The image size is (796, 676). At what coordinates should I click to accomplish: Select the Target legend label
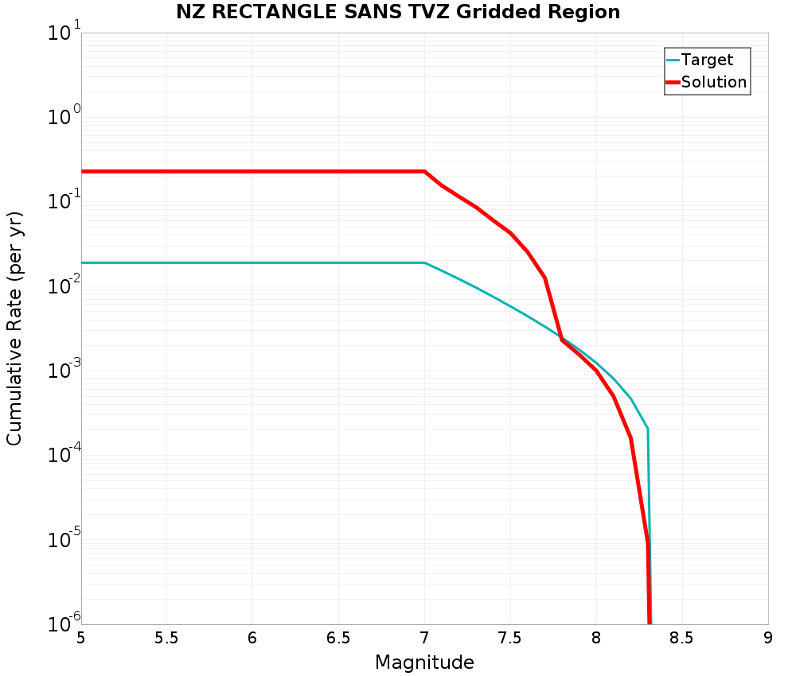point(707,60)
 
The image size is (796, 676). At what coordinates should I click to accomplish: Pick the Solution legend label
point(714,82)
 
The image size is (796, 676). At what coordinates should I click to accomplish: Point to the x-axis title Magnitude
point(424,662)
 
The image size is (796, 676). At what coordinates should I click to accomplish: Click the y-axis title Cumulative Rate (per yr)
point(14,328)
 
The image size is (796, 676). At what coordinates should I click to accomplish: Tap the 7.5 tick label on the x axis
point(510,639)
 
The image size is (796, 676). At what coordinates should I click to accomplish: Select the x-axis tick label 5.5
point(166,639)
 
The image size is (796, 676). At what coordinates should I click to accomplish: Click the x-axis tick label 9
point(768,639)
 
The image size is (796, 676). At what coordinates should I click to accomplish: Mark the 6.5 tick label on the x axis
point(338,639)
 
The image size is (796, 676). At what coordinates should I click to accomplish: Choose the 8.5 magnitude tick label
point(682,639)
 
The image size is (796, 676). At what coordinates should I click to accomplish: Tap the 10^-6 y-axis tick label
point(64,622)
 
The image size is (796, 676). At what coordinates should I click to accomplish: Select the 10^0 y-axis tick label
point(64,118)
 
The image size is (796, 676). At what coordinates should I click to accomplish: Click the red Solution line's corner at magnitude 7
point(424,172)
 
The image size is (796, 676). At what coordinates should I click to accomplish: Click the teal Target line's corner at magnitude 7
point(424,262)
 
